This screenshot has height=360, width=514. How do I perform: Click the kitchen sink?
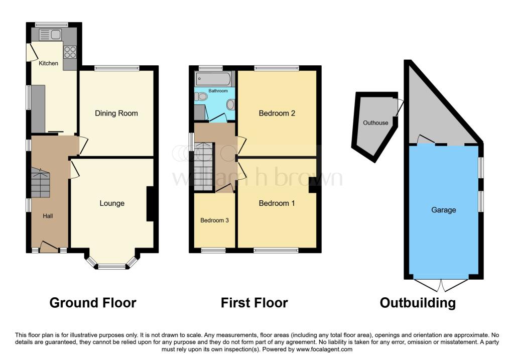pyautogui.click(x=49, y=35)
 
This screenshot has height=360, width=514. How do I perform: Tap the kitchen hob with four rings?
pyautogui.click(x=70, y=52)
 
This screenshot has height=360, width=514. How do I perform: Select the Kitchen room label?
pyautogui.click(x=49, y=63)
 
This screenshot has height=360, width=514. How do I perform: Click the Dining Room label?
pyautogui.click(x=116, y=113)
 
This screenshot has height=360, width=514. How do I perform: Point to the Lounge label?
pyautogui.click(x=112, y=203)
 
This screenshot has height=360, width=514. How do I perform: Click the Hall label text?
pyautogui.click(x=48, y=216)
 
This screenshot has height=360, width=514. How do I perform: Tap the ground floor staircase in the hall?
pyautogui.click(x=41, y=183)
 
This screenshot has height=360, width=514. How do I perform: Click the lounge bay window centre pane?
pyautogui.click(x=111, y=267)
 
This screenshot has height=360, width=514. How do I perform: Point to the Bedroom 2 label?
pyautogui.click(x=277, y=113)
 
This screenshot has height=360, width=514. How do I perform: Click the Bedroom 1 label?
pyautogui.click(x=277, y=203)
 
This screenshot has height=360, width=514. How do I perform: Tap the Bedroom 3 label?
pyautogui.click(x=214, y=220)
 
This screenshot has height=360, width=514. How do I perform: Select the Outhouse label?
pyautogui.click(x=376, y=123)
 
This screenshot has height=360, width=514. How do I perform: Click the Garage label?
pyautogui.click(x=444, y=210)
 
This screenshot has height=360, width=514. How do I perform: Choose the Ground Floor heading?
pyautogui.click(x=92, y=303)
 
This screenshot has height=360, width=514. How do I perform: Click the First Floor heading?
pyautogui.click(x=254, y=303)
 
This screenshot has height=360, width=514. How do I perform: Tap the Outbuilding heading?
pyautogui.click(x=418, y=303)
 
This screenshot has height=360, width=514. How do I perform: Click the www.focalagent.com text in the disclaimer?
pyautogui.click(x=325, y=349)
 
